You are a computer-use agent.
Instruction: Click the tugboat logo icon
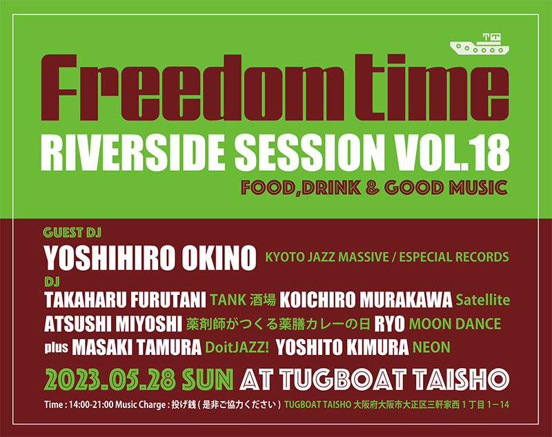coord(479,45)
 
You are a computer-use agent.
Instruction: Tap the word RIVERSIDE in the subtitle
coord(132,153)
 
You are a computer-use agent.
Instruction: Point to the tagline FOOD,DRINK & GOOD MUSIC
coord(374,187)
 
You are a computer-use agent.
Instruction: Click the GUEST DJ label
coord(72,232)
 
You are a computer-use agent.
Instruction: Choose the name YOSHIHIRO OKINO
coord(150,258)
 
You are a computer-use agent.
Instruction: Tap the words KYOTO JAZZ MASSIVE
coord(326,257)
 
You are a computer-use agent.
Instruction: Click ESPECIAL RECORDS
coord(454,257)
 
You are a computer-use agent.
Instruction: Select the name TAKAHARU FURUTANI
coord(125,301)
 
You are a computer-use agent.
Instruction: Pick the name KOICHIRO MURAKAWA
coord(366,301)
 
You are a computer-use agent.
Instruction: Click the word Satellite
coord(482,300)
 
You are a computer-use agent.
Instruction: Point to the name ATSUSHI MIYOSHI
coord(113,324)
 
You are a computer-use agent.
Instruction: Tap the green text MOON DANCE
coord(455,324)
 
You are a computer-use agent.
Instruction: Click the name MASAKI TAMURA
coord(137,347)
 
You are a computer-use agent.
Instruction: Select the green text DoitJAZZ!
coord(237,347)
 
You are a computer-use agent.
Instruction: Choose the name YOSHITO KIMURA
coord(342,347)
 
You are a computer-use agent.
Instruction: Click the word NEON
coord(431,347)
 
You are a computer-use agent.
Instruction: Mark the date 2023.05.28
coord(110,379)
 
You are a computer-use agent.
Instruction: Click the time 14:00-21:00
coord(91,405)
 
